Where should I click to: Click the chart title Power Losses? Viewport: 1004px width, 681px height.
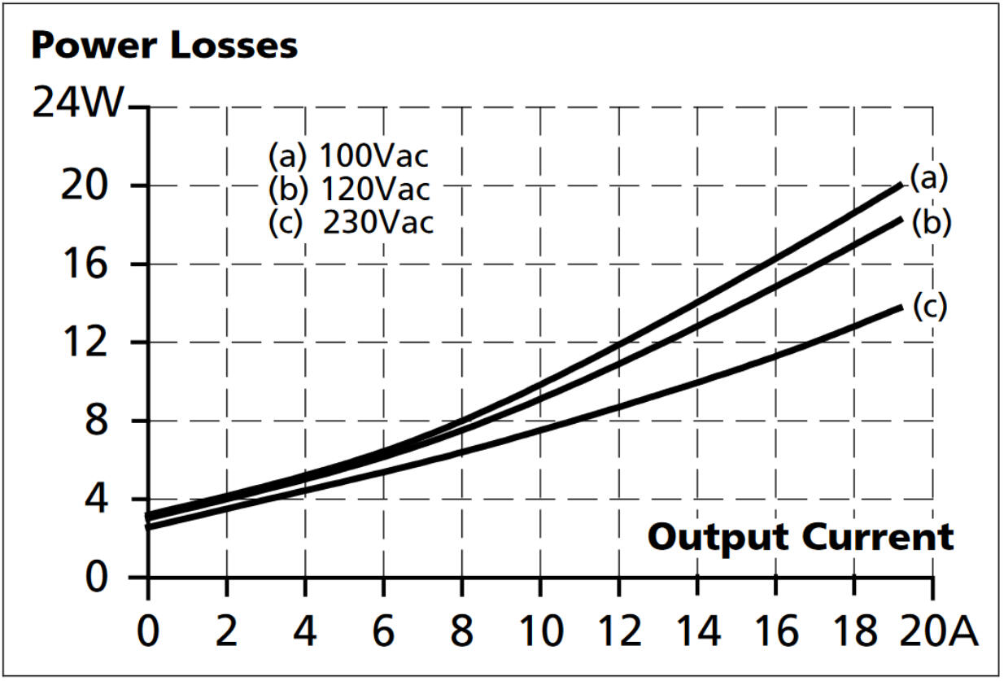(x=164, y=46)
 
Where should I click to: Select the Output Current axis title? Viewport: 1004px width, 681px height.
(x=800, y=537)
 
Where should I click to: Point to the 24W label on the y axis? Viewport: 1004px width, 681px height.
(x=78, y=106)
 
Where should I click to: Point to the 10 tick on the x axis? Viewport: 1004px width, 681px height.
(x=541, y=631)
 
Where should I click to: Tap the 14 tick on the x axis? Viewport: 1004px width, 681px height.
(x=698, y=631)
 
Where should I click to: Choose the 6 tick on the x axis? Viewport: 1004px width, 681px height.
(x=383, y=631)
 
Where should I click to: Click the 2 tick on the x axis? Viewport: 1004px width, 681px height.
(x=226, y=631)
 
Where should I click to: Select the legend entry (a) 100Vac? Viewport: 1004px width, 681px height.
(x=348, y=155)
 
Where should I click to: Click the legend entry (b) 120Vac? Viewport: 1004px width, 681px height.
(x=348, y=189)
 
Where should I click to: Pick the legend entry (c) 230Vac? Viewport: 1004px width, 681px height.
(x=351, y=222)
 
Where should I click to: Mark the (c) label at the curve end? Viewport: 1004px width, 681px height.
(x=928, y=307)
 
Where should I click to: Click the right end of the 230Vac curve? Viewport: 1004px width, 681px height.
(x=901, y=306)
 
